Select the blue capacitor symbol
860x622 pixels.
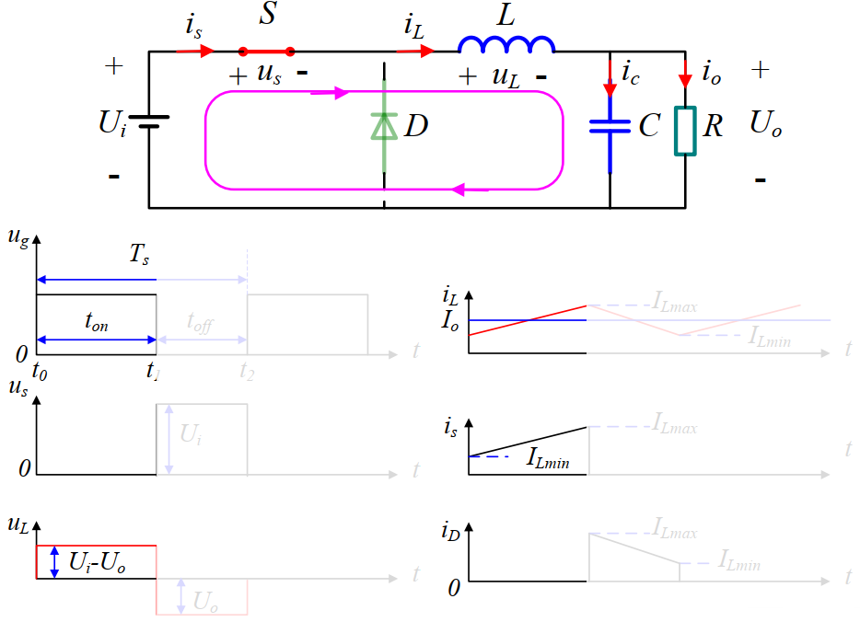[x=610, y=125]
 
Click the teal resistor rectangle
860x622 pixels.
[x=684, y=130]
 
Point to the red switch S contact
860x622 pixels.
[x=267, y=52]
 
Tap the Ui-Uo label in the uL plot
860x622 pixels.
[x=97, y=562]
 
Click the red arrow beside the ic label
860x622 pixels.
[x=610, y=81]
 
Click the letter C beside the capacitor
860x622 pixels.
[x=649, y=125]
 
